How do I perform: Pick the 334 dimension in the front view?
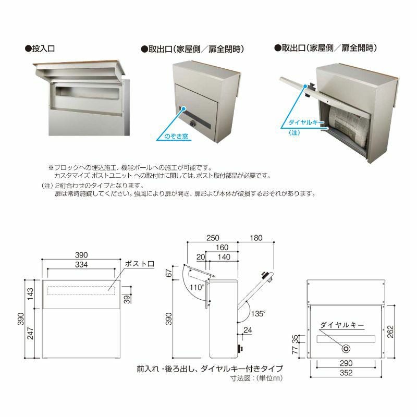(x=80, y=265)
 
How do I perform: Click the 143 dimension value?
(x=30, y=295)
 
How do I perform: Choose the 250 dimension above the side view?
(x=212, y=238)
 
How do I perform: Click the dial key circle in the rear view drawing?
(x=345, y=348)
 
